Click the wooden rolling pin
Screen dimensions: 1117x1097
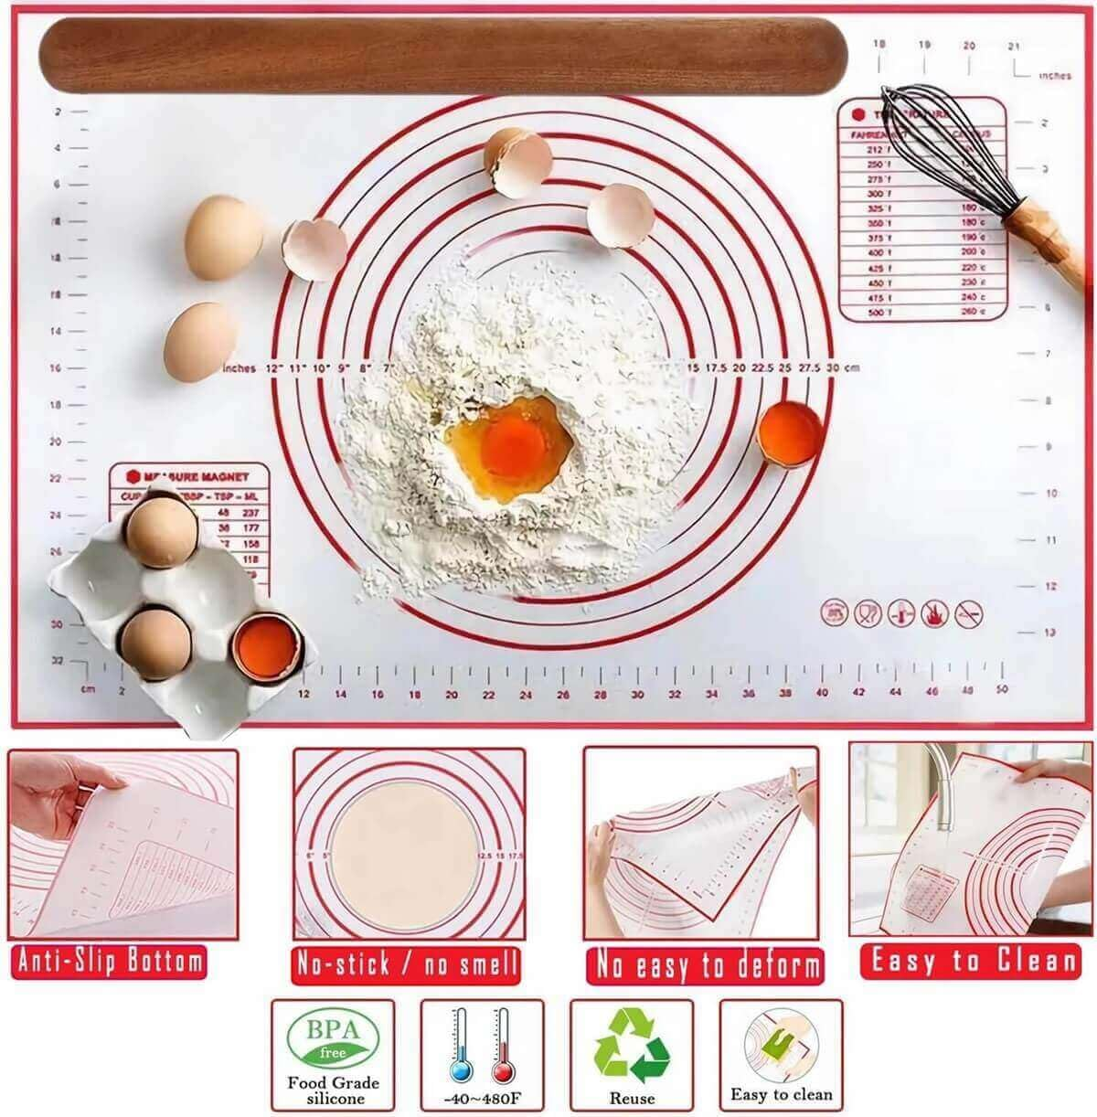click(443, 54)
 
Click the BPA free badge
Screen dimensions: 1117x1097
click(333, 1041)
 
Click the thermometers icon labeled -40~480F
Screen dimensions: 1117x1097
click(482, 1048)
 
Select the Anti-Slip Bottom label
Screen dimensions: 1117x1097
click(110, 961)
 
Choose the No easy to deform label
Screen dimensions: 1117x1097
click(704, 964)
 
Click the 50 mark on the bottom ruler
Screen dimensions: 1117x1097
click(1002, 689)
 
